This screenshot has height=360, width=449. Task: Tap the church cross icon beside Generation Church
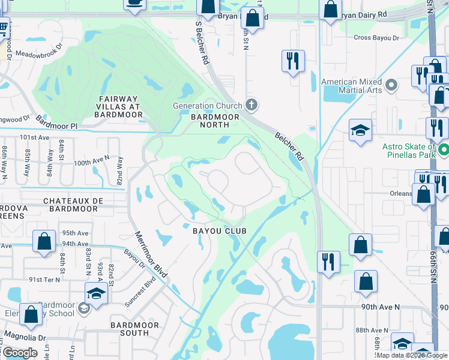(x=252, y=106)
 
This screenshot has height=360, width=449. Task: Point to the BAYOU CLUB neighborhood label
(x=220, y=230)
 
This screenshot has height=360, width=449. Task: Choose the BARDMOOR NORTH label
(x=215, y=121)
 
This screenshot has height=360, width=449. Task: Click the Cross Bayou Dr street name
(x=376, y=38)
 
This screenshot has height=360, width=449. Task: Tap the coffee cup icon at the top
(x=134, y=2)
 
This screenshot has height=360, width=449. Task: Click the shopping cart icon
(x=3, y=28)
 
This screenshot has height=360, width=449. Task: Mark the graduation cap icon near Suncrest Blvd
(x=95, y=293)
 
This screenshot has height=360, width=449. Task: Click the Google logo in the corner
(x=20, y=353)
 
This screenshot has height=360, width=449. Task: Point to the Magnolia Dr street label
(x=25, y=337)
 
